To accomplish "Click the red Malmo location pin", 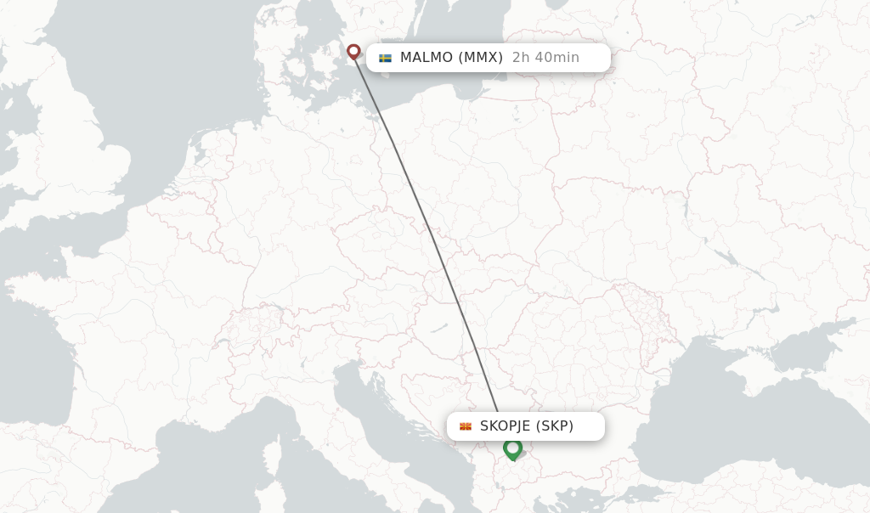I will [353, 51].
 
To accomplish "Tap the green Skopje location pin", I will [512, 448].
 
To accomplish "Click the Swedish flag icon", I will [385, 58].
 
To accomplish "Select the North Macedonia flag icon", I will [466, 426].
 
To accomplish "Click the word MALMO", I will [427, 58].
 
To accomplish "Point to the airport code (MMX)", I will [481, 58].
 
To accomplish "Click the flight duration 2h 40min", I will [545, 58].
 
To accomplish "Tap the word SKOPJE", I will [506, 426].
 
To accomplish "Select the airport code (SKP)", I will [555, 426].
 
